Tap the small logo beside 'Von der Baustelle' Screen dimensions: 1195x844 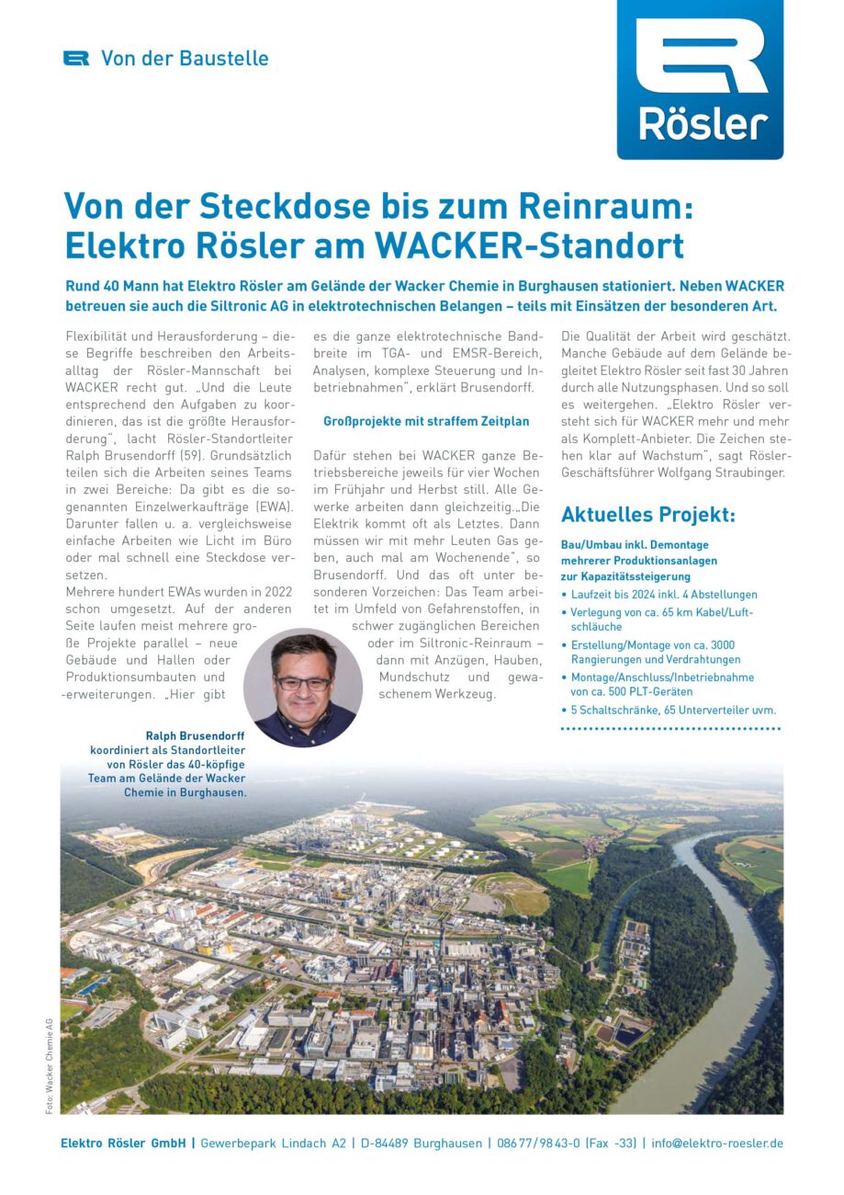pyautogui.click(x=76, y=58)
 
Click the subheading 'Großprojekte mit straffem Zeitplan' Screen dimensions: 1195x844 pyautogui.click(x=426, y=421)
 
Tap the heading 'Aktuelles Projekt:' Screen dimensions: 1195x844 pyautogui.click(x=647, y=515)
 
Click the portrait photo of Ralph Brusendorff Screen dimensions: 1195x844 pyautogui.click(x=302, y=687)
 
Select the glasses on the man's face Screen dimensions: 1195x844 pyautogui.click(x=302, y=683)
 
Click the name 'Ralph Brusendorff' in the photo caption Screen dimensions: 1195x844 pyautogui.click(x=196, y=735)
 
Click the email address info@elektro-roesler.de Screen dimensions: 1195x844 pyautogui.click(x=717, y=1144)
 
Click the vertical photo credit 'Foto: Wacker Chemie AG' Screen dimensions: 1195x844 pyautogui.click(x=50, y=1066)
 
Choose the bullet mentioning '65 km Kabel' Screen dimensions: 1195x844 pyautogui.click(x=661, y=619)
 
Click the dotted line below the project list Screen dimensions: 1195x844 pyautogui.click(x=670, y=729)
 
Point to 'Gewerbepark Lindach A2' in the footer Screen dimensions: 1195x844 pyautogui.click(x=273, y=1144)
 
